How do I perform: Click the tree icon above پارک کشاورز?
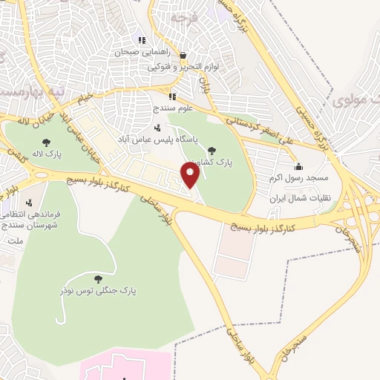point(214,151)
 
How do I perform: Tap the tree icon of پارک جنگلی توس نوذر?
point(98,278)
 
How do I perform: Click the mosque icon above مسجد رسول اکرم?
point(298,166)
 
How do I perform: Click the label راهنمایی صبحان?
point(143,53)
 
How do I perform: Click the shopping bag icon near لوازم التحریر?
point(183,55)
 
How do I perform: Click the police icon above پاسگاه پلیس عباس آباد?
point(157,128)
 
